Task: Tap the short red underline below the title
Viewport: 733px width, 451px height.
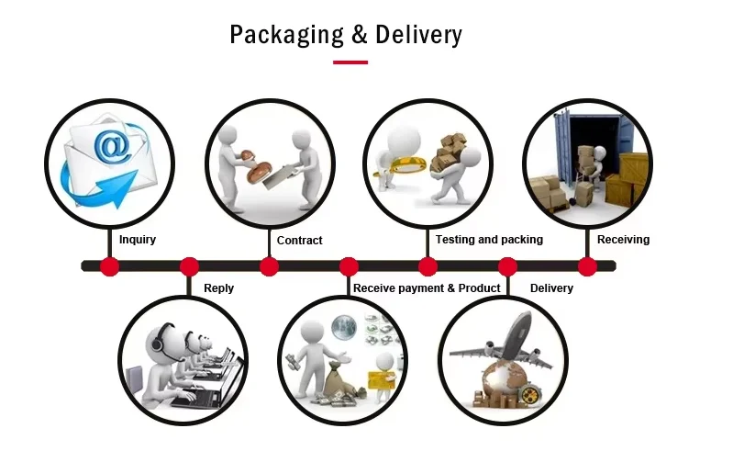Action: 350,62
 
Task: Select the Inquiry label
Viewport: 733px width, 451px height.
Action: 138,240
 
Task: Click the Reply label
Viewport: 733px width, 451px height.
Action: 218,288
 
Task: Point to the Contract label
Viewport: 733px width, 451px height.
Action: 300,241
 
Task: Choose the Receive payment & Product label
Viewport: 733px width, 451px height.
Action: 427,288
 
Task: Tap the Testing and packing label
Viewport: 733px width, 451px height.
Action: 489,240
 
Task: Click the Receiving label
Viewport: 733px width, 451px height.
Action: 623,240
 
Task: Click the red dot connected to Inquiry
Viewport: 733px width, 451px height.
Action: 110,266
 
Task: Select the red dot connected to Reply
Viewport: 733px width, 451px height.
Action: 189,266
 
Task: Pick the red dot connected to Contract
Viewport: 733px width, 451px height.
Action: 269,266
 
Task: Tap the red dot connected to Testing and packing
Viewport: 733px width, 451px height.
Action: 428,266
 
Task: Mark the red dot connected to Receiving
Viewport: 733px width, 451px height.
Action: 587,266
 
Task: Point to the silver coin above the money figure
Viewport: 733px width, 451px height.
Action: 344,326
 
